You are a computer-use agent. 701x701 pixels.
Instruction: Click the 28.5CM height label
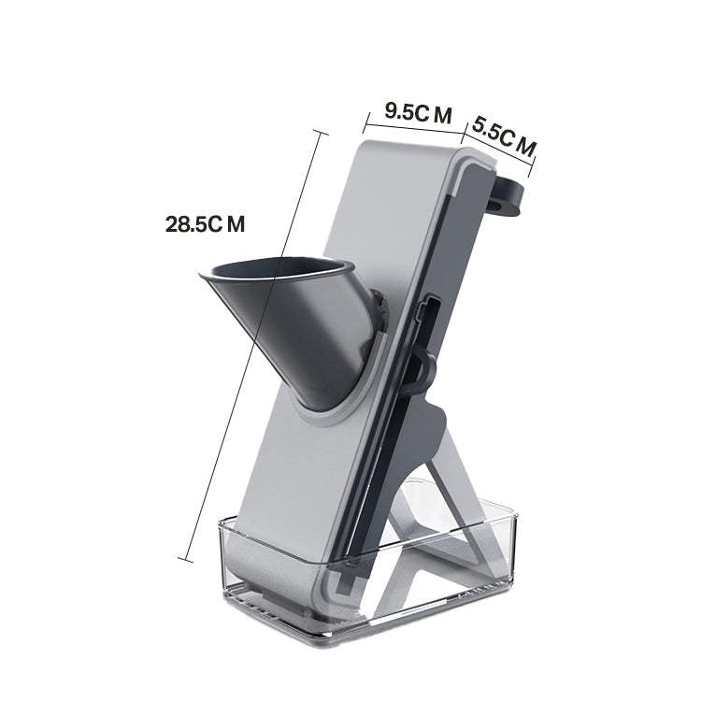[x=205, y=224]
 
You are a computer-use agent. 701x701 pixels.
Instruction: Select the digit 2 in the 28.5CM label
[x=172, y=224]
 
